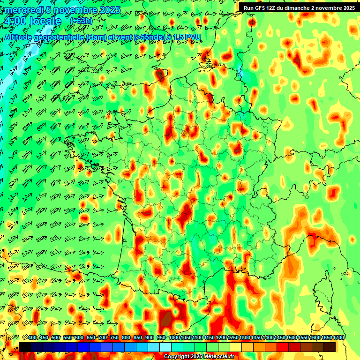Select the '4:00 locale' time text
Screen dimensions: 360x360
(32, 21)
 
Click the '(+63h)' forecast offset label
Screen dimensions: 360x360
(81, 21)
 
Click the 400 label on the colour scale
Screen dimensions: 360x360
(32, 338)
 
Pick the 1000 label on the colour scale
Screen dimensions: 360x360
(174, 338)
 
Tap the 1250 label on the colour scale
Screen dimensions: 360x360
(233, 338)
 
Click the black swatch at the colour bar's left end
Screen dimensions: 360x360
(25, 347)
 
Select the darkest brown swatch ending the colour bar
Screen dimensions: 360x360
(330, 347)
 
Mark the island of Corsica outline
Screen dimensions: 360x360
(328, 291)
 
